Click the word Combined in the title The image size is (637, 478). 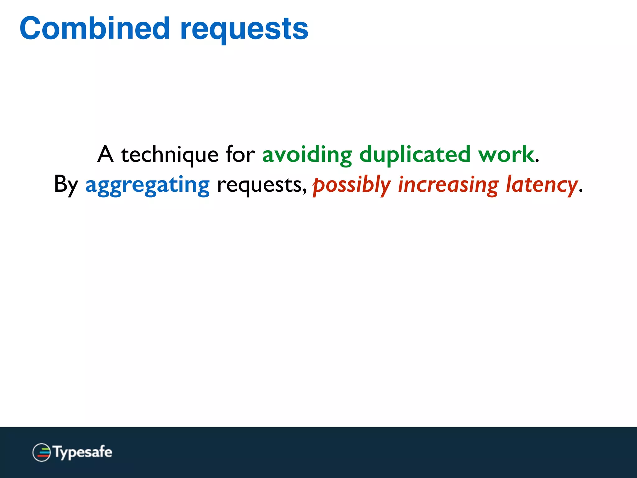pyautogui.click(x=95, y=29)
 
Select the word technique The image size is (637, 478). pyautogui.click(x=170, y=155)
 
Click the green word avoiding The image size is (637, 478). pyautogui.click(x=307, y=155)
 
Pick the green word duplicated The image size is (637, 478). pyautogui.click(x=415, y=155)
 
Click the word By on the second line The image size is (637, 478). pyautogui.click(x=66, y=185)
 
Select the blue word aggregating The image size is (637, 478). pyautogui.click(x=147, y=185)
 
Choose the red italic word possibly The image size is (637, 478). pyautogui.click(x=351, y=185)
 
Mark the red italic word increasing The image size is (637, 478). pyautogui.click(x=448, y=185)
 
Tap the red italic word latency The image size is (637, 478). pyautogui.click(x=542, y=185)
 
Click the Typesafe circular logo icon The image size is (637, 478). pyautogui.click(x=41, y=452)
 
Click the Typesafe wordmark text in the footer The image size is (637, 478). pyautogui.click(x=83, y=452)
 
